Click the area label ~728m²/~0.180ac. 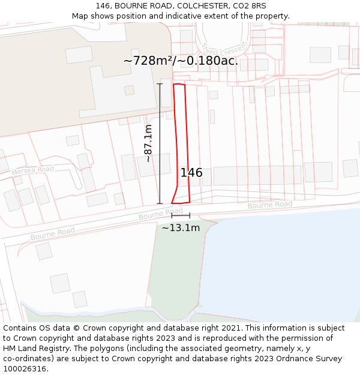point(181,61)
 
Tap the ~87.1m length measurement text point(149,143)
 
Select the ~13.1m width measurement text point(181,228)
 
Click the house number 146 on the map point(191,173)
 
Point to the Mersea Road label point(32,170)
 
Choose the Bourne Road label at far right point(270,205)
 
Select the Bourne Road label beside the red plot point(160,214)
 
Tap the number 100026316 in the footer point(24,369)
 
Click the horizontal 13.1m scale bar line point(181,215)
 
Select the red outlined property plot point(181,144)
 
